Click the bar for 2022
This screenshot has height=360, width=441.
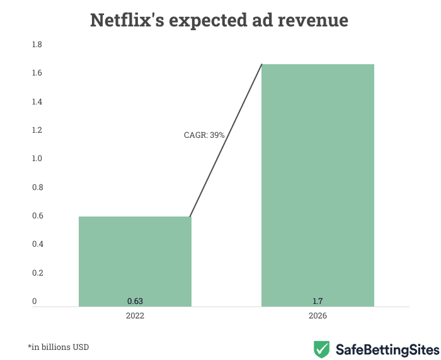point(135,261)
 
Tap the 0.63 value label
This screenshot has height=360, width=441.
point(135,301)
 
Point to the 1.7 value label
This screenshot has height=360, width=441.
point(318,301)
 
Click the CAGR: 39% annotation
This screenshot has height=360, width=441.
point(204,135)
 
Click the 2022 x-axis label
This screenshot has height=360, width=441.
point(135,316)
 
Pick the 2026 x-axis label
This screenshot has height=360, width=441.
point(318,316)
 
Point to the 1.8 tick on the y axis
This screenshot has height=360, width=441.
point(37,45)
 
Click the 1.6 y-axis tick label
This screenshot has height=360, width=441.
point(37,74)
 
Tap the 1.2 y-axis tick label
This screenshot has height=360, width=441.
point(37,130)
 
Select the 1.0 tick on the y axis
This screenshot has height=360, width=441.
point(37,159)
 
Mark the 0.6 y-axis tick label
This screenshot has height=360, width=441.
point(37,216)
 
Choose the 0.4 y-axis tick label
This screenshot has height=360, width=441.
point(37,244)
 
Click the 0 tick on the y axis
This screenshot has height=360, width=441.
point(35,301)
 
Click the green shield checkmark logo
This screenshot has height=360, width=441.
point(322,348)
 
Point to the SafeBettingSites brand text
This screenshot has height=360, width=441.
point(387,348)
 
